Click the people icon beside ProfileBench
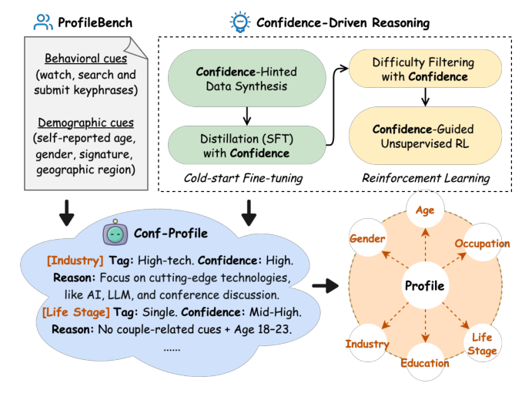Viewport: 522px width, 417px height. [43, 22]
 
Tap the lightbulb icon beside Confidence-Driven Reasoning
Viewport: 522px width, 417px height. [240, 22]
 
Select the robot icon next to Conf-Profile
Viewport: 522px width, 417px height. [115, 232]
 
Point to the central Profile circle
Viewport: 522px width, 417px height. [425, 286]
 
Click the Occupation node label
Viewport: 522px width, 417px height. [482, 244]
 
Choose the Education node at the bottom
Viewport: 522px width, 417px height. [425, 362]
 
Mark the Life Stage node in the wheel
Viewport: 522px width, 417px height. [481, 344]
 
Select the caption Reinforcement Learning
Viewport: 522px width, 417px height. [426, 178]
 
